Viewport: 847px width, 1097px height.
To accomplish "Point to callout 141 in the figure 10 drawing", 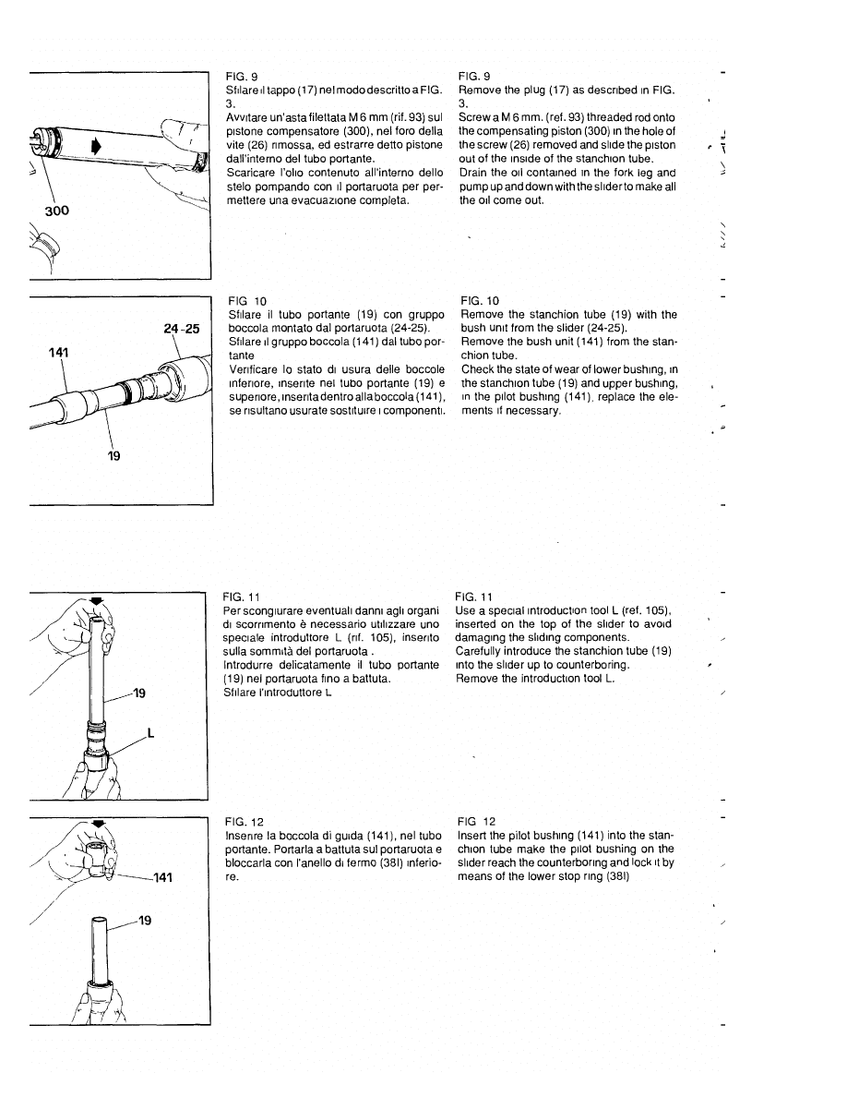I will click(x=60, y=352).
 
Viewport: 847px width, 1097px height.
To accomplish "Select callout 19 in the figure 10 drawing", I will click(x=114, y=454).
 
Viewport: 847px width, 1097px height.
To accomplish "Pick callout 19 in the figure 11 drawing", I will click(x=138, y=692).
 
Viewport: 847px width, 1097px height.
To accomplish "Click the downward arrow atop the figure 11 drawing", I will click(x=97, y=599).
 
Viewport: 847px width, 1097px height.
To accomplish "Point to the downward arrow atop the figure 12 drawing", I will click(x=100, y=821).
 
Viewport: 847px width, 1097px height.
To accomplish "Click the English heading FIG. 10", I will click(x=478, y=301).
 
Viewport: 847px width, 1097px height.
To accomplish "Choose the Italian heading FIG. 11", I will click(x=240, y=597).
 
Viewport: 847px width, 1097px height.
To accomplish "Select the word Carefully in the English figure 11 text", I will click(x=480, y=651).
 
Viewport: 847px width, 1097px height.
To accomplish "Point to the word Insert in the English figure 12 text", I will click(x=471, y=835).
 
